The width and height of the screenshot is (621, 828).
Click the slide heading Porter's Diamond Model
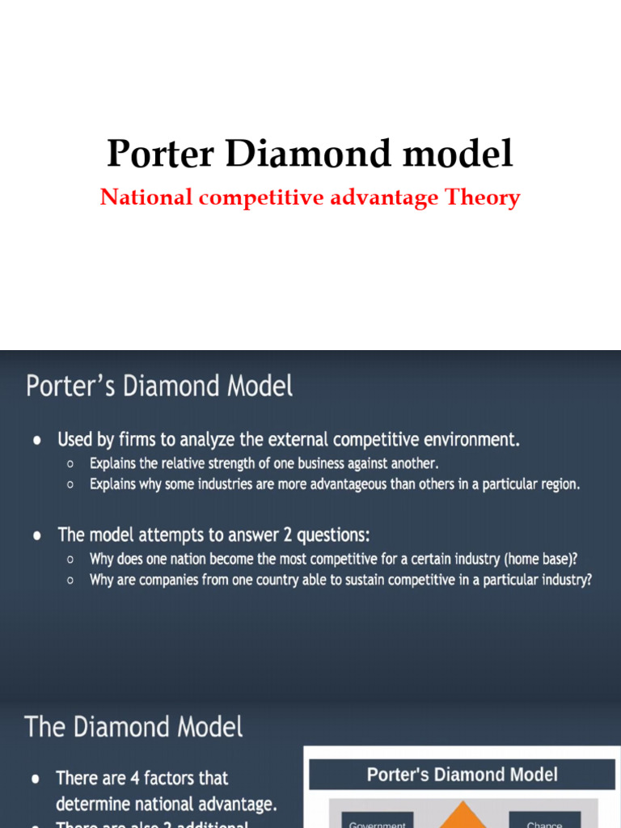click(159, 386)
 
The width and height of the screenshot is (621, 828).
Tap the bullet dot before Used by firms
click(38, 441)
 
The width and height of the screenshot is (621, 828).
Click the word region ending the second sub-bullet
click(559, 484)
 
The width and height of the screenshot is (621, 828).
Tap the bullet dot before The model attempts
click(38, 535)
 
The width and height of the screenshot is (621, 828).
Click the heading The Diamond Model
click(133, 726)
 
